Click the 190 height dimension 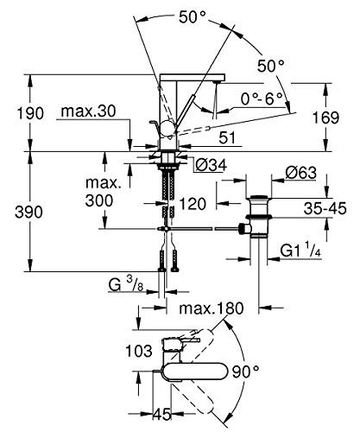click(x=30, y=113)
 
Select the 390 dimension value click(x=29, y=212)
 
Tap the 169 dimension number click(x=326, y=118)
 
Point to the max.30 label click(x=88, y=111)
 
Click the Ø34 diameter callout click(x=211, y=165)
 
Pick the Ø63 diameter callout click(x=300, y=173)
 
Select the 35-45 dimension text click(x=325, y=208)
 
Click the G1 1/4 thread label click(x=300, y=251)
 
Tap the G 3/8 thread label click(x=126, y=284)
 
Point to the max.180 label click(x=212, y=308)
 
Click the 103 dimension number click(x=139, y=351)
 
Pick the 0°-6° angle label click(x=262, y=99)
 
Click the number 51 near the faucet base click(x=227, y=138)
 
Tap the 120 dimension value click(x=193, y=204)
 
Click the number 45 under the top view click(x=161, y=415)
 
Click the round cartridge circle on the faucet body click(x=167, y=128)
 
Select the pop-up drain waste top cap click(x=259, y=197)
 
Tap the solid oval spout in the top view click(x=193, y=372)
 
